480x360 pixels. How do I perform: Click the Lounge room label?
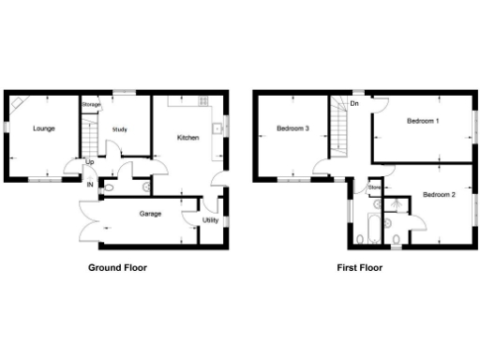coord(42,127)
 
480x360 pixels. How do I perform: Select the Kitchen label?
coord(188,138)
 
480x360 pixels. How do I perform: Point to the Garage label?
coord(150,214)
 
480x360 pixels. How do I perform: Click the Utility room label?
coord(210,220)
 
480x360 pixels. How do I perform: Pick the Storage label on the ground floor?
coord(91,104)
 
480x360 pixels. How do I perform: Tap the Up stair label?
coord(90,161)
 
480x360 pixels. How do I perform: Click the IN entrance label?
coord(90,185)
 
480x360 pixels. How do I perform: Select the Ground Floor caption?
coord(117,267)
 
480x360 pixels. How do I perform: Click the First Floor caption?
coord(360,267)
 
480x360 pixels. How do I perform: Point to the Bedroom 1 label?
coord(424,122)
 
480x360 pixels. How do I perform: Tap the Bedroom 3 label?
coord(293,128)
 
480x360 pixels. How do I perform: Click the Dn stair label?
coord(354,104)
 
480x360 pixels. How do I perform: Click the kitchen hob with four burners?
coord(202,100)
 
